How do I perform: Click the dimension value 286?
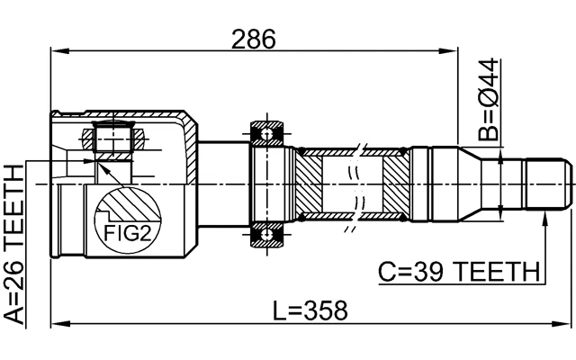pyautogui.click(x=253, y=38)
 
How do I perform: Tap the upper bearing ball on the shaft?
pyautogui.click(x=265, y=134)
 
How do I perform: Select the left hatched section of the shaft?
pyautogui.click(x=320, y=185)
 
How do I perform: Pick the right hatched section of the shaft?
pyautogui.click(x=396, y=185)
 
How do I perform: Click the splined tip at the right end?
pyautogui.click(x=549, y=184)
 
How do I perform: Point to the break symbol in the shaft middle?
pyautogui.click(x=359, y=184)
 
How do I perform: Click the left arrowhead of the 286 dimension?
pyautogui.click(x=56, y=53)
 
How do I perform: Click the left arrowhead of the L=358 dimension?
pyautogui.click(x=56, y=323)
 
